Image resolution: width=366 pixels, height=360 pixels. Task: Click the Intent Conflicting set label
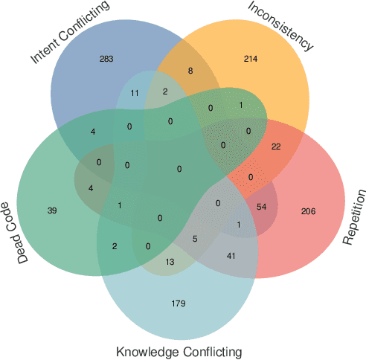(70, 33)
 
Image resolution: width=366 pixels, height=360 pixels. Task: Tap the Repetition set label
(355, 217)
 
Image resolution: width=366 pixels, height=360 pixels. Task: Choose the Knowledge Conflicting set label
(179, 351)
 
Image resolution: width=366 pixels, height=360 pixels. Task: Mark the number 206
(308, 211)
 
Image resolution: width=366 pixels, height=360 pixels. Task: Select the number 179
(178, 303)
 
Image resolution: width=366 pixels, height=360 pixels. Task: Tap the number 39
(51, 211)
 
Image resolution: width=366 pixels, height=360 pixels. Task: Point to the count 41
(231, 256)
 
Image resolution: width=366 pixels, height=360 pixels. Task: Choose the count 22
(276, 146)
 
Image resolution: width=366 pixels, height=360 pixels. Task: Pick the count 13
(170, 261)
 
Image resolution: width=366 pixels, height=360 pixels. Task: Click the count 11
(134, 93)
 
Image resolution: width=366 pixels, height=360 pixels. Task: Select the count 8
(190, 71)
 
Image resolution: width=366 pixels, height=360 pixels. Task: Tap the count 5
(195, 239)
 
